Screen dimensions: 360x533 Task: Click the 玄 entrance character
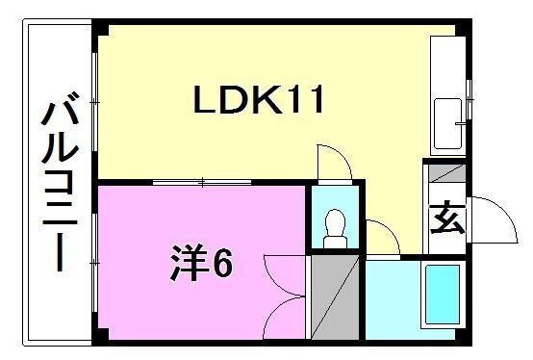tap(446, 219)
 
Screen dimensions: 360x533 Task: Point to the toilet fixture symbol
tap(336, 228)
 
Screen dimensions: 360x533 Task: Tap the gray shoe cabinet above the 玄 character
tap(446, 176)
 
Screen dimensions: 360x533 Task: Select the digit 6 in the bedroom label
tap(222, 262)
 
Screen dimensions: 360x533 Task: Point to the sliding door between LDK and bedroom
tap(202, 181)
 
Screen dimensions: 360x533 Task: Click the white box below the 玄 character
tap(446, 246)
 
